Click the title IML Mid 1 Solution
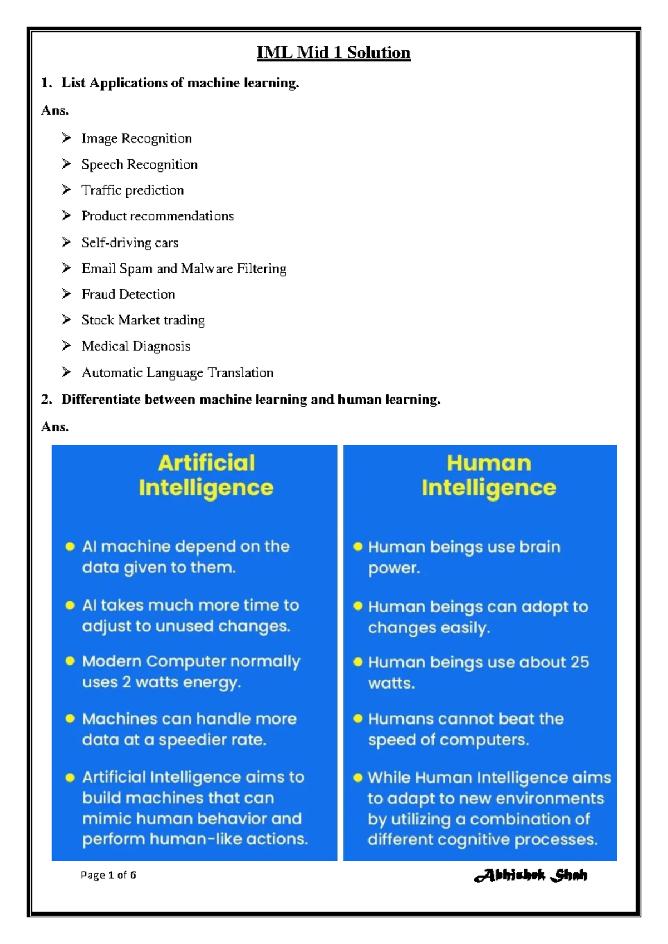click(333, 52)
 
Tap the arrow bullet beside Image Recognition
click(67, 137)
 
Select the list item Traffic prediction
click(132, 190)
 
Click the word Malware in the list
click(207, 268)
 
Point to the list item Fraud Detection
click(128, 294)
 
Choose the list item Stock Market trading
click(143, 320)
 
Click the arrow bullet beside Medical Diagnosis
click(67, 346)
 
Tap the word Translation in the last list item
click(240, 372)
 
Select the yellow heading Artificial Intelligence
click(206, 475)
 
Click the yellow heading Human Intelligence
click(488, 475)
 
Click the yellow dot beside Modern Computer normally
click(70, 661)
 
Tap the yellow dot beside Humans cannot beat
click(358, 719)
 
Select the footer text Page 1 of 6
click(108, 875)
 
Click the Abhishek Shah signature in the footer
click(531, 876)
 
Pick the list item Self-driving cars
click(130, 243)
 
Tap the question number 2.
click(46, 399)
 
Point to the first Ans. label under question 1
click(55, 110)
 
